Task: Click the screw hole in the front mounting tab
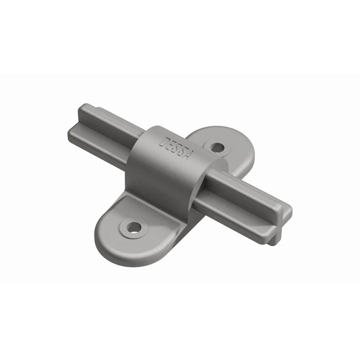point(134,227)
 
